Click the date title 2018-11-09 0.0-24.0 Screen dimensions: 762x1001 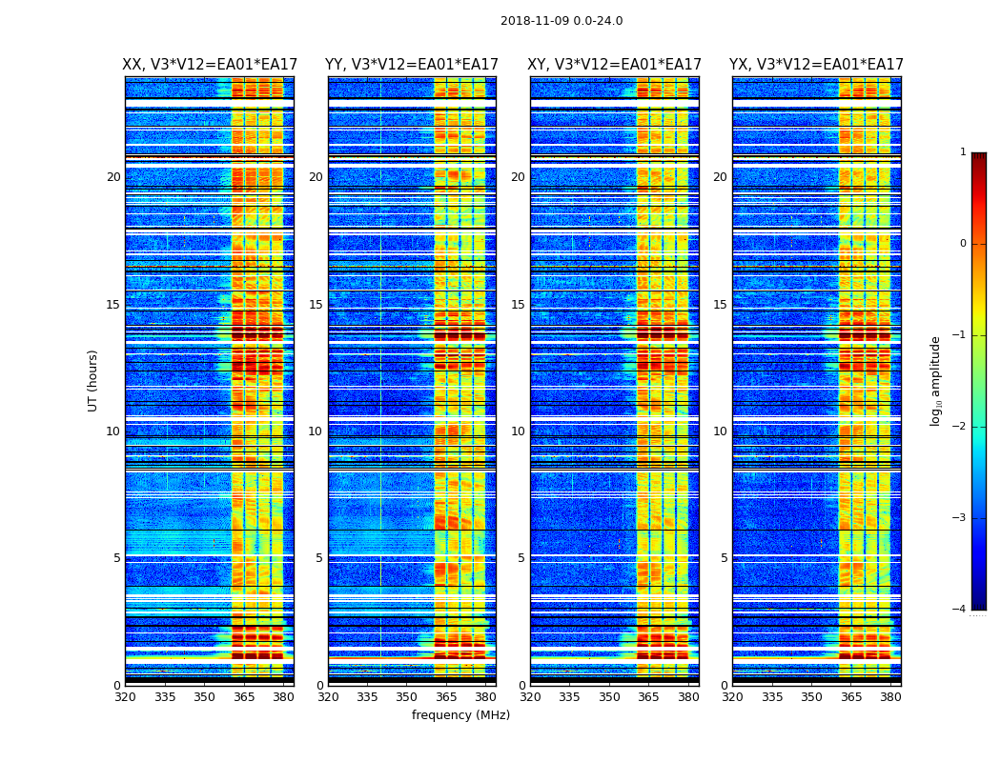click(562, 21)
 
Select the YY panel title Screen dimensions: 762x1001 click(412, 65)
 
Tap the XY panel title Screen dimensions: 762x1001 click(615, 65)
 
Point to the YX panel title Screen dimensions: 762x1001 click(816, 65)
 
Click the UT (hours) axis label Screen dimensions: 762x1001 click(92, 380)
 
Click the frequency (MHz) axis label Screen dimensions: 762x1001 click(460, 715)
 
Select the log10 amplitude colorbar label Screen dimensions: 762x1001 click(936, 380)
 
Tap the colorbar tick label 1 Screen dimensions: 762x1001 click(962, 152)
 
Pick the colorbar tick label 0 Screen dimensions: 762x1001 click(962, 244)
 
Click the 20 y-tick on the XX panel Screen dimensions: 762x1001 click(113, 177)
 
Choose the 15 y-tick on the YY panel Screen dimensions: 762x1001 click(316, 305)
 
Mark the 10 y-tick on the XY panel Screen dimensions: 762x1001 click(518, 431)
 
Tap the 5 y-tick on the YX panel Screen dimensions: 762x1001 click(724, 558)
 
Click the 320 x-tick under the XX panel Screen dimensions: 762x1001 click(125, 696)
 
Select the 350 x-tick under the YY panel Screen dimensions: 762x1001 click(407, 696)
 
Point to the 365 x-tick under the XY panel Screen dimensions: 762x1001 click(648, 696)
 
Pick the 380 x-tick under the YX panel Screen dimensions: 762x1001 click(890, 696)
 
